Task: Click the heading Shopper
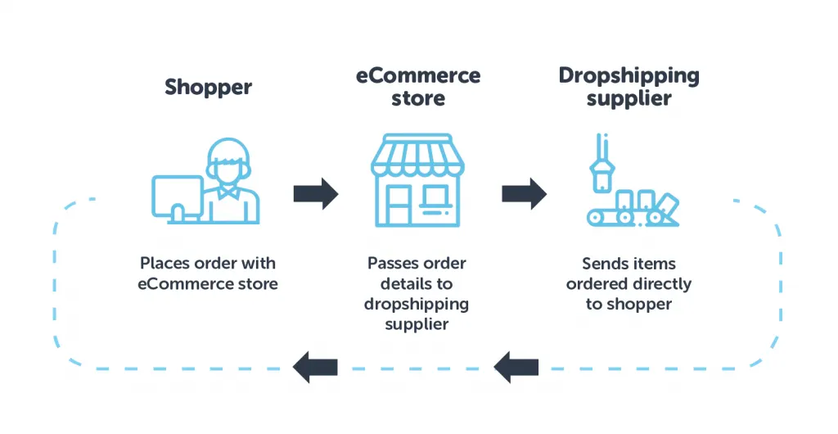point(208,87)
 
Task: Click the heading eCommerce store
point(417,87)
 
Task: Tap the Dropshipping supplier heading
point(628,87)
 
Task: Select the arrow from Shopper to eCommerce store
point(316,193)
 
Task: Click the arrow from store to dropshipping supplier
point(524,193)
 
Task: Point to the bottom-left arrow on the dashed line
point(316,366)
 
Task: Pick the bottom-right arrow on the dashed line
point(516,366)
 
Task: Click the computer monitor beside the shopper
point(177,195)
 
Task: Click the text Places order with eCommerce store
point(208,274)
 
